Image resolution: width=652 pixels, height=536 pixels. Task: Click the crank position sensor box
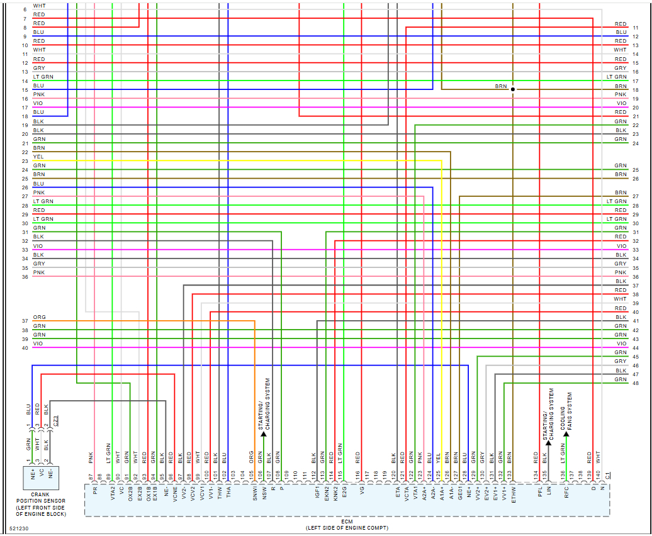41,477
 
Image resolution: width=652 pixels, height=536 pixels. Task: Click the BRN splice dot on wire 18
513,89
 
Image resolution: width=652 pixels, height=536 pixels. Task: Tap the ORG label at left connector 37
39,318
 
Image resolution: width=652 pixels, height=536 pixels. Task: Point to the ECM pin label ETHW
514,493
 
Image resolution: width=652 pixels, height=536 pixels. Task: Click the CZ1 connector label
55,420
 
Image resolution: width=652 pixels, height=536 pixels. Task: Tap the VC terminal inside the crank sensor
41,471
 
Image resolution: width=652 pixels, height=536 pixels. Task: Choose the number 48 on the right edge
636,383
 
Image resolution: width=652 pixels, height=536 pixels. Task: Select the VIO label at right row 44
621,343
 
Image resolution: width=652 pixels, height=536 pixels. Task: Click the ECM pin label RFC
566,490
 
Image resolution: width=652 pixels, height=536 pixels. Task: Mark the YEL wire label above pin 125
438,457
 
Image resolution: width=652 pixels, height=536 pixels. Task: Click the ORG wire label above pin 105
251,457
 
